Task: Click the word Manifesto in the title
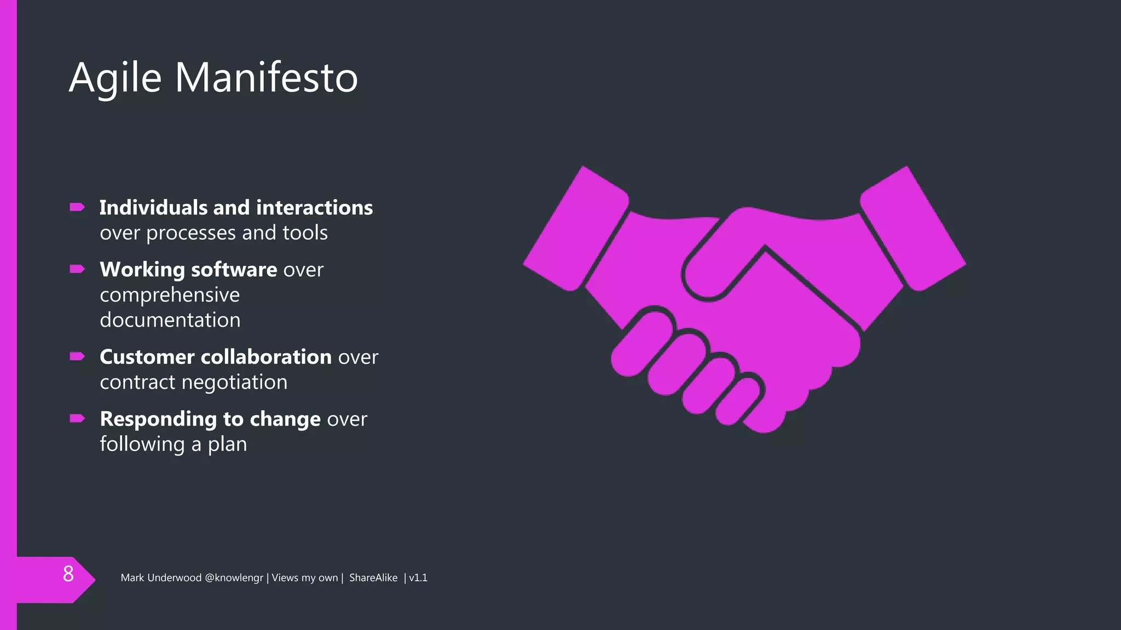click(266, 78)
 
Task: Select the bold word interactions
click(314, 208)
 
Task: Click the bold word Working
click(142, 270)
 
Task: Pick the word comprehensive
click(170, 295)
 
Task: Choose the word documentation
click(170, 320)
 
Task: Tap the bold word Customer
click(147, 357)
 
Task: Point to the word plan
click(227, 445)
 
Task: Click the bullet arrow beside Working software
click(77, 269)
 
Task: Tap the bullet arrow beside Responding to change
click(77, 419)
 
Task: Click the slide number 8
click(68, 574)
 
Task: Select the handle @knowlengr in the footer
click(234, 578)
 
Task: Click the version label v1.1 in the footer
click(418, 578)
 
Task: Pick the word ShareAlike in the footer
click(373, 578)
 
